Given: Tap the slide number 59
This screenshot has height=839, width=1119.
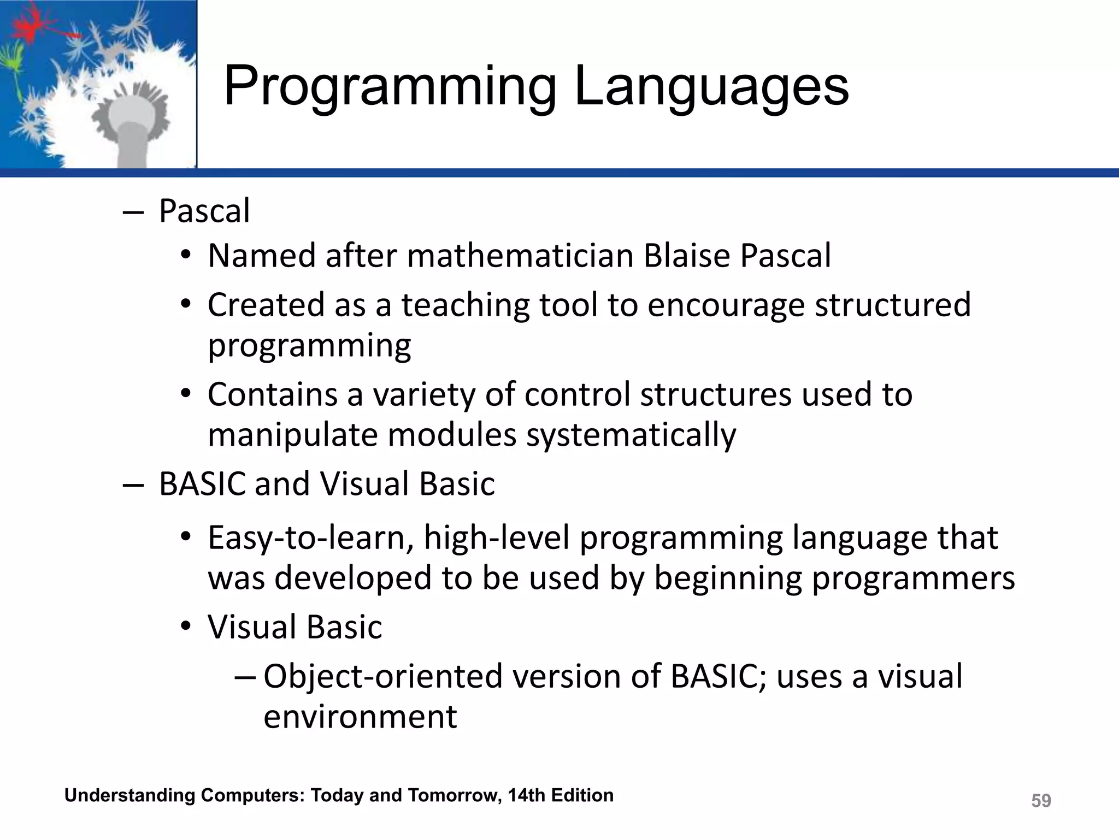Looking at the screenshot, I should pyautogui.click(x=1040, y=801).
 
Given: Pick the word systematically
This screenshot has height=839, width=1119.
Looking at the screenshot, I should pyautogui.click(x=631, y=435).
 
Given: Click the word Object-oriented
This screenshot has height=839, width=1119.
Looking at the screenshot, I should pyautogui.click(x=383, y=676).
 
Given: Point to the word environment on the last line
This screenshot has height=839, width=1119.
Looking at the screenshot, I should pyautogui.click(x=360, y=717).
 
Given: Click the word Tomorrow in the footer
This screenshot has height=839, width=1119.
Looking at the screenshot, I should pyautogui.click(x=454, y=795).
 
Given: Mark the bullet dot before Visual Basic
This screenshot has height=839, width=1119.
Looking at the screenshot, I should pyautogui.click(x=186, y=626).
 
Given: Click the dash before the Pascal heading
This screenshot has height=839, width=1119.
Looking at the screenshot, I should pyautogui.click(x=132, y=212).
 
